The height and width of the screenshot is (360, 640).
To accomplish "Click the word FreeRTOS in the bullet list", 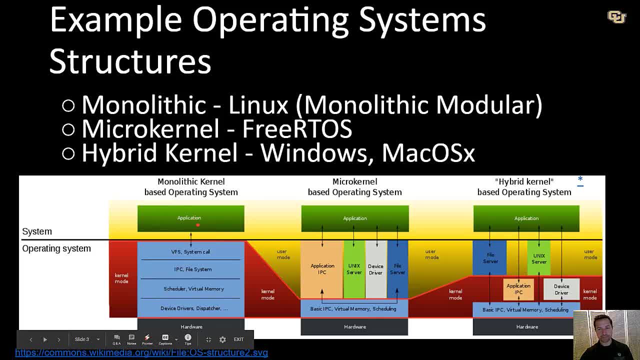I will tap(297, 129).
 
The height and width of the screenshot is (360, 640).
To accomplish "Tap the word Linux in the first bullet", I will tap(258, 105).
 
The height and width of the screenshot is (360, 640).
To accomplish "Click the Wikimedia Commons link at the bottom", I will tap(141, 352).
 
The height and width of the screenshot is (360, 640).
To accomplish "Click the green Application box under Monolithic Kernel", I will tap(190, 218).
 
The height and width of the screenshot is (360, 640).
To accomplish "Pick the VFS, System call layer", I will tap(190, 251).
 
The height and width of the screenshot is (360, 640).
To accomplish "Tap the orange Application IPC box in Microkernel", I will tap(322, 269).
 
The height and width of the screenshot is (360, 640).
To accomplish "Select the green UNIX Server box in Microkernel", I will tap(354, 269).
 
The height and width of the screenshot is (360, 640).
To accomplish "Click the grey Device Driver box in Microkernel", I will tap(375, 269).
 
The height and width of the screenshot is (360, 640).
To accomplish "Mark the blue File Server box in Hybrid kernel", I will tap(490, 258).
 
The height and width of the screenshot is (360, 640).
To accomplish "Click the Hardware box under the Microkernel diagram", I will tap(354, 327).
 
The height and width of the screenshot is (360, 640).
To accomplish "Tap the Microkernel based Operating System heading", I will tap(354, 186).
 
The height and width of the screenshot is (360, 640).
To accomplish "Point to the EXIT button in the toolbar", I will tap(238, 339).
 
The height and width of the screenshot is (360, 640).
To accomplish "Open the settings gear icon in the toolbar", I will tap(222, 339).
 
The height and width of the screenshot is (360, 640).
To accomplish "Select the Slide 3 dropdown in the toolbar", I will tap(87, 339).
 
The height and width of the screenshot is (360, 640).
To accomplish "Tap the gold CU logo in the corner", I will tap(616, 17).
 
